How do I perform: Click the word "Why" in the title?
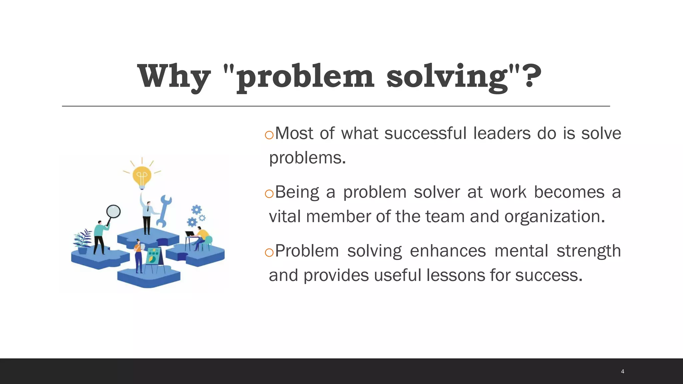point(174,77)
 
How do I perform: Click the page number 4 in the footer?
point(622,371)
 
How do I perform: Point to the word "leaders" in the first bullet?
point(502,133)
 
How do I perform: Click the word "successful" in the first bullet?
point(425,133)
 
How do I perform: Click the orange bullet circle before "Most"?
point(269,135)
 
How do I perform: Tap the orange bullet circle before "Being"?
point(269,194)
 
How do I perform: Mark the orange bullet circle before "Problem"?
point(269,253)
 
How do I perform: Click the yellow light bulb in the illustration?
point(142,176)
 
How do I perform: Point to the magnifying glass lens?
point(113,211)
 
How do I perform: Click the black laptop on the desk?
point(190,234)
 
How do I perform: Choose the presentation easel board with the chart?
point(153,256)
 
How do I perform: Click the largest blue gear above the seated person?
point(196,210)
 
